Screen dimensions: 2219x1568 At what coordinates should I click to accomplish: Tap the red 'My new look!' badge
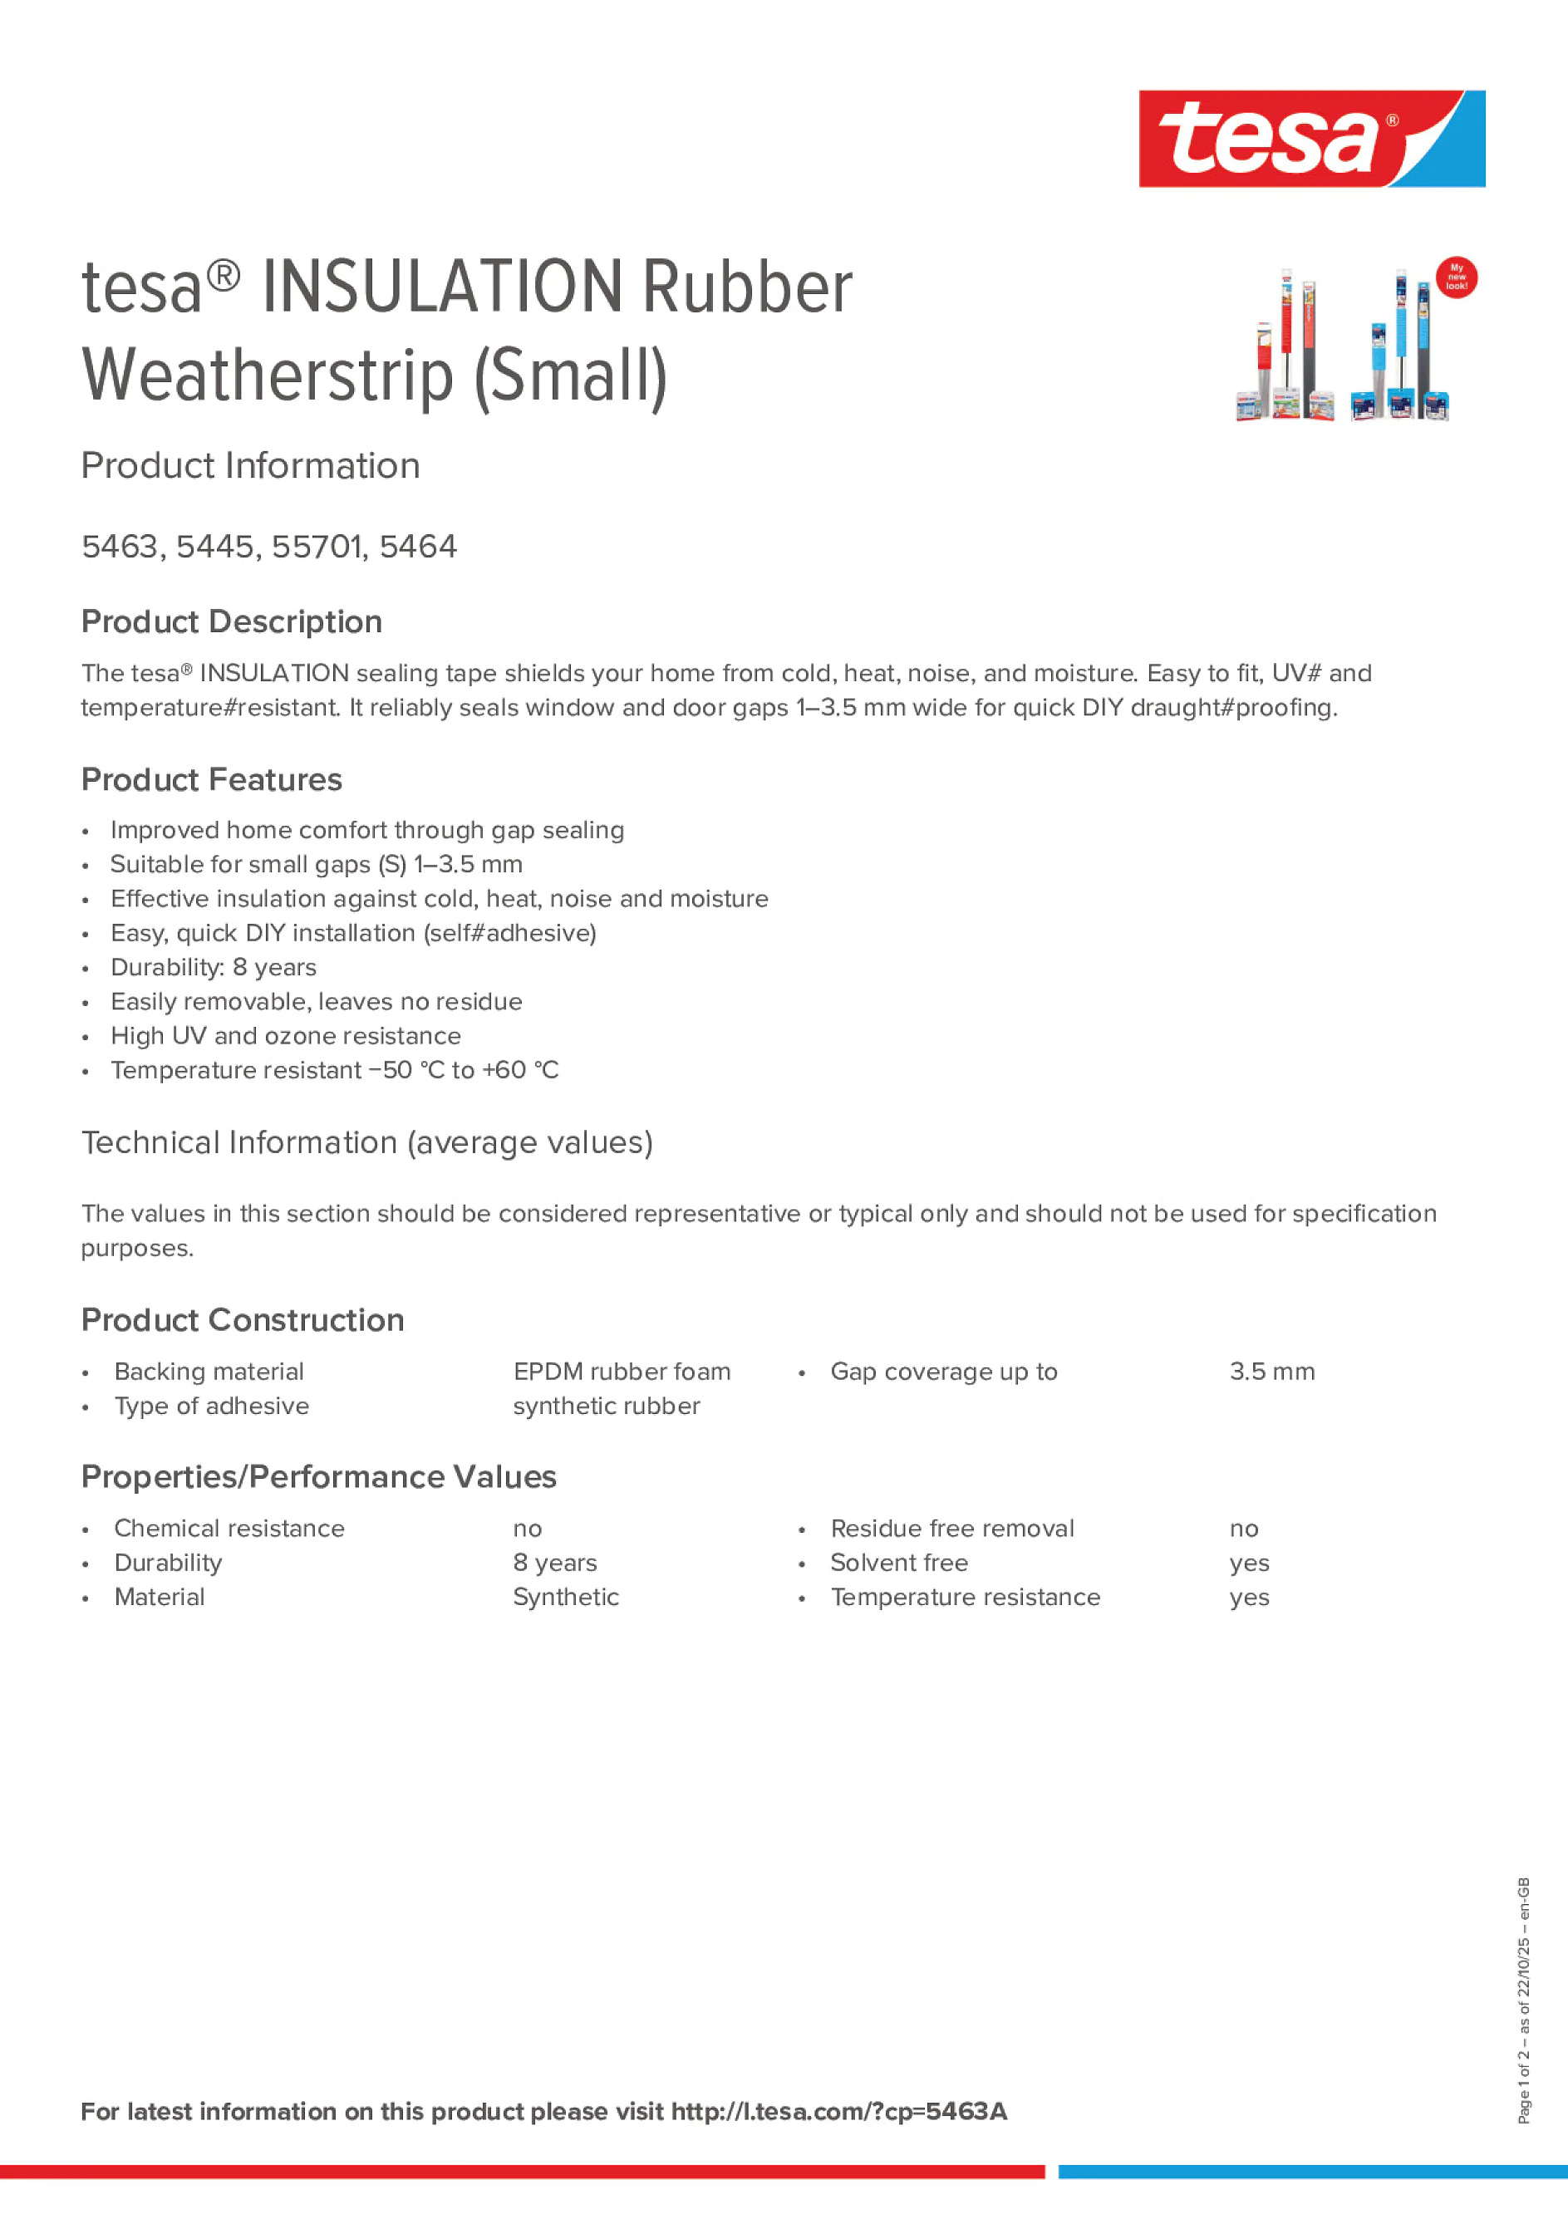point(1456,278)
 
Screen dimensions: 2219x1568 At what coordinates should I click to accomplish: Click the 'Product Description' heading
point(232,621)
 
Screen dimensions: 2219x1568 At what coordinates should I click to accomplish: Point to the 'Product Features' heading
point(212,780)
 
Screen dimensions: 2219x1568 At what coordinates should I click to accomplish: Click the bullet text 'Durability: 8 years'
point(214,967)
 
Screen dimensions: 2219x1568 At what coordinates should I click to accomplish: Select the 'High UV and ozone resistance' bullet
point(285,1036)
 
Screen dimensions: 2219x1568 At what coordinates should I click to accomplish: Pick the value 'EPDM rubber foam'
point(622,1372)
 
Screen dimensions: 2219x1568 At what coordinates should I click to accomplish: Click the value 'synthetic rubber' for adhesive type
point(606,1407)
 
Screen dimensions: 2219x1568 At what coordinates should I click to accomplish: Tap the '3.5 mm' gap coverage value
point(1271,1372)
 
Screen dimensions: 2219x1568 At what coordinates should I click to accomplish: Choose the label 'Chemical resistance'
point(229,1528)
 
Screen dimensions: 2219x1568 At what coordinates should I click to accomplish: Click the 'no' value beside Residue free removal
point(1243,1528)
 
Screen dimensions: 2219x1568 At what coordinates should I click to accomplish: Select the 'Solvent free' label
point(898,1563)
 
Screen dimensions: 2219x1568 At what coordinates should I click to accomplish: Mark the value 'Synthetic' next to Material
point(566,1597)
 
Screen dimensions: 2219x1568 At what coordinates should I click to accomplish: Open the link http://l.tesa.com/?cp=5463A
point(838,2112)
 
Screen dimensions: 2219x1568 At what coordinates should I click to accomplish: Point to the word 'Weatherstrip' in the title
point(268,377)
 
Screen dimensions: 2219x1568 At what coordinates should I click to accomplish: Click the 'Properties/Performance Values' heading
point(319,1477)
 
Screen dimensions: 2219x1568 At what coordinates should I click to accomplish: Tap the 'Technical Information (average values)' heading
point(367,1142)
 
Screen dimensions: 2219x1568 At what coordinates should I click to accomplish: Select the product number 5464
point(418,547)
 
